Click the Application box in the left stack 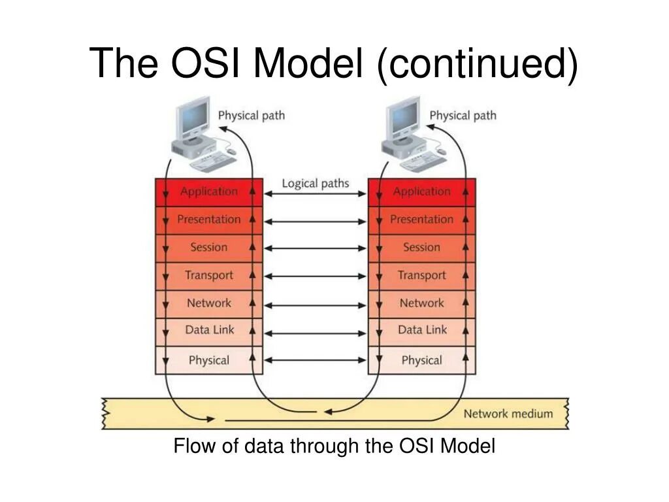coord(209,192)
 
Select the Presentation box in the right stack coord(421,220)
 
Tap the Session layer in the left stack coord(209,248)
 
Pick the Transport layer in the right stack coord(421,275)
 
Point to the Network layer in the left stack coord(209,303)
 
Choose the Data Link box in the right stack coord(421,330)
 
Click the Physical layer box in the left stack coord(209,360)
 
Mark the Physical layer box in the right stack coord(421,360)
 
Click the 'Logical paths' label coord(316,184)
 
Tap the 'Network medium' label coord(508,414)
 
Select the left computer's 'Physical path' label coord(252,116)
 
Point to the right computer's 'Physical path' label coord(463,116)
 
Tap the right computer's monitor coord(405,118)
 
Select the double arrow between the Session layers coord(316,249)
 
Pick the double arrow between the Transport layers coord(316,276)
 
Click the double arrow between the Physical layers coord(316,360)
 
